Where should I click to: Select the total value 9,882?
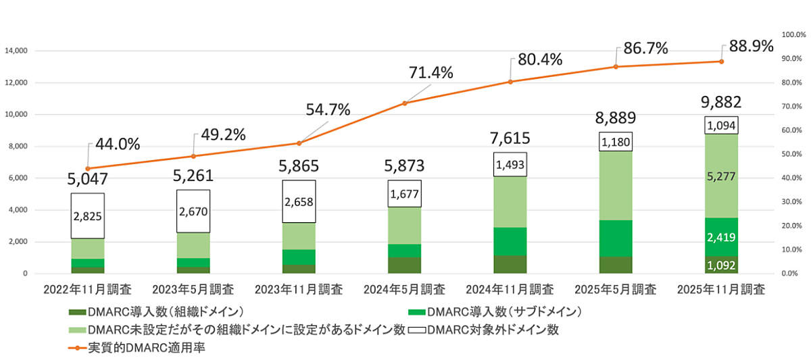(720, 102)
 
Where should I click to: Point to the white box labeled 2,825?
(88, 216)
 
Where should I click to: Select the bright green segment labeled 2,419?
(721, 237)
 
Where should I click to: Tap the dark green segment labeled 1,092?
(721, 265)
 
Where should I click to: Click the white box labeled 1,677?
(404, 195)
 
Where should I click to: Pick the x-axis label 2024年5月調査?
(403, 290)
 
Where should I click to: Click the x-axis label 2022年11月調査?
(88, 290)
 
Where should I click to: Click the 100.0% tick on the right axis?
(791, 34)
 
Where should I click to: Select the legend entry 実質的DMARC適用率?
(139, 349)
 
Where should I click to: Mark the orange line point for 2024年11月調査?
(510, 82)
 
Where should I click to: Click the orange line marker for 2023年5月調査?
(193, 156)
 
